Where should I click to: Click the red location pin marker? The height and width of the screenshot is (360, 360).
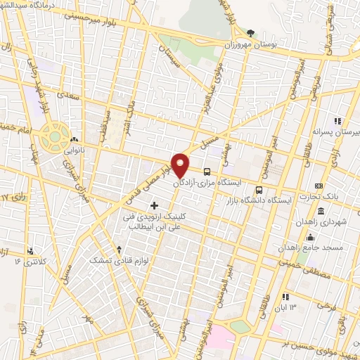click(181, 164)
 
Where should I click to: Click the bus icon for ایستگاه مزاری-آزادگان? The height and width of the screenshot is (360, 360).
click(207, 171)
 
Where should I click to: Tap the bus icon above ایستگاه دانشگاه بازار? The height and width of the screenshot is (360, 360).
click(259, 190)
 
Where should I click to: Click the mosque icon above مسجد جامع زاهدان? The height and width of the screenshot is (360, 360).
click(310, 237)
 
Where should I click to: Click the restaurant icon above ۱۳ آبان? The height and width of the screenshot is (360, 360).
click(285, 297)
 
